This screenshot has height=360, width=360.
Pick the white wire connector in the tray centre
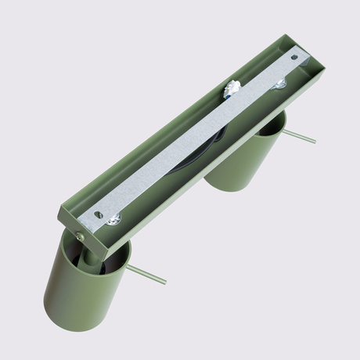(232, 91)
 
